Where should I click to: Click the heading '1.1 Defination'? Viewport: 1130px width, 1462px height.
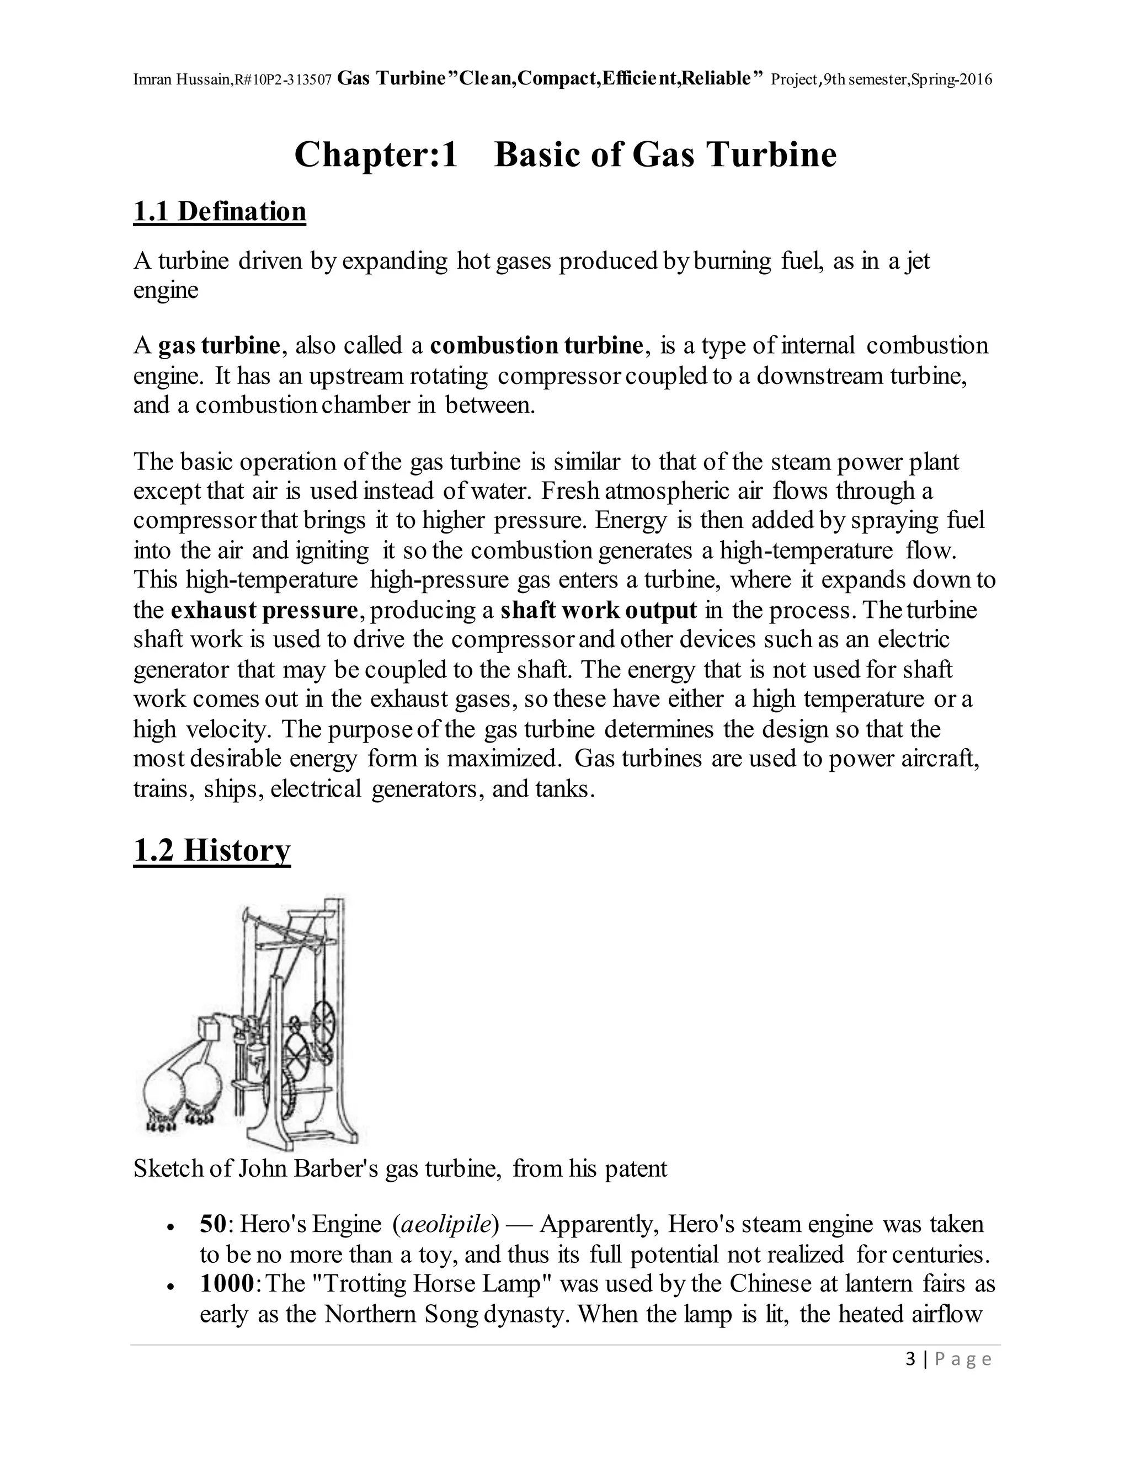pyautogui.click(x=220, y=211)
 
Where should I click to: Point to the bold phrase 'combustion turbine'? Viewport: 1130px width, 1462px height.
pyautogui.click(x=536, y=345)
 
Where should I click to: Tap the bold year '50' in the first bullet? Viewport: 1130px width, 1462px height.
pyautogui.click(x=214, y=1224)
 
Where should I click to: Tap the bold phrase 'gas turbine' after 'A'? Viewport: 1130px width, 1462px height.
pyautogui.click(x=219, y=345)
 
